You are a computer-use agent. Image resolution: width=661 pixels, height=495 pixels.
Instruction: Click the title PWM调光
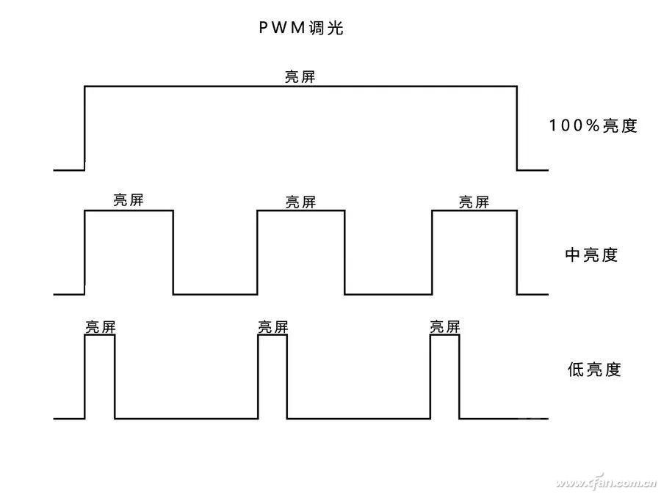point(300,29)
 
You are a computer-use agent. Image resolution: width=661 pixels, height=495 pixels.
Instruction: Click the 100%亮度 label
point(593,125)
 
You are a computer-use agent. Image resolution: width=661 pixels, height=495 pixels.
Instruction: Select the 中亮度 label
point(591,254)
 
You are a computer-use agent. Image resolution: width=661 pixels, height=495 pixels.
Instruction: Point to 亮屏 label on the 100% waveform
point(300,77)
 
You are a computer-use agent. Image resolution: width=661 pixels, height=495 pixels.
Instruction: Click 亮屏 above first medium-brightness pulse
point(129,201)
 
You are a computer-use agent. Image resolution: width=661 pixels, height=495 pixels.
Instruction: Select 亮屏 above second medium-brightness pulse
point(300,202)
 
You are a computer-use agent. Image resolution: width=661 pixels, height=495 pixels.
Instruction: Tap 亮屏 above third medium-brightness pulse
point(474,202)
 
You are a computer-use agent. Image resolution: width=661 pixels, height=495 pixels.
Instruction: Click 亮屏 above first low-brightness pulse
point(100,327)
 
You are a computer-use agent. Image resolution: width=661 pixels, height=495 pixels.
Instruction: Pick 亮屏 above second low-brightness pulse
point(272,327)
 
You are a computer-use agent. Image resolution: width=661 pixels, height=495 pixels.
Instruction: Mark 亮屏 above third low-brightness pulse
point(445,327)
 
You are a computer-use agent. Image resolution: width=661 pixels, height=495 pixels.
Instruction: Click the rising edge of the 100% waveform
point(85,128)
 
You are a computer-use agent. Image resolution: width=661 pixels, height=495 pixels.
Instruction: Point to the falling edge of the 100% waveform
point(516,128)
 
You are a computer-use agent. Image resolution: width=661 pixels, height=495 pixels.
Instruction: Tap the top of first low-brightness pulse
point(100,336)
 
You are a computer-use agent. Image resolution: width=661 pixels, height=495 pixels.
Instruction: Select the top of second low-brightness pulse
point(272,336)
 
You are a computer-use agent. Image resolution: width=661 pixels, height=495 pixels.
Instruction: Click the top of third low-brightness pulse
point(445,336)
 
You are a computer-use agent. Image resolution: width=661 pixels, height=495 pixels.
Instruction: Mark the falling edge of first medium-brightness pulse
point(173,252)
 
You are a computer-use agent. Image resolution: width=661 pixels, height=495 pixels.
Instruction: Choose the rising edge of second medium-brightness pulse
point(257,252)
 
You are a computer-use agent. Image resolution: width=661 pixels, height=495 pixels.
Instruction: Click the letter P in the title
point(261,29)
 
